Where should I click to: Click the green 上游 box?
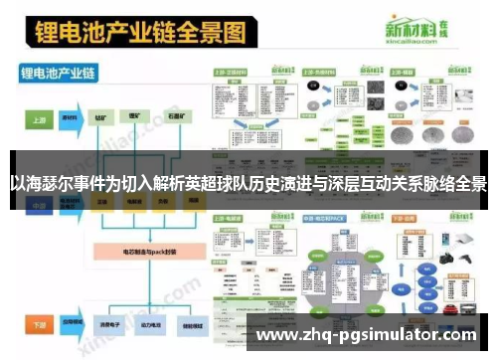(38, 117)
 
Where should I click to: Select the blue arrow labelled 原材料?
(71, 117)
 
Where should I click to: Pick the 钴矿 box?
(102, 117)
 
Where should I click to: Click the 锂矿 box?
(133, 117)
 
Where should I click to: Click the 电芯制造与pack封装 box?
(133, 254)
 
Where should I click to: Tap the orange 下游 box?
(38, 324)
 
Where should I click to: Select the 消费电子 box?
(102, 324)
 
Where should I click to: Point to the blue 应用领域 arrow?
(71, 324)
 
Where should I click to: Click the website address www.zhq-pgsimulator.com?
(372, 335)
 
